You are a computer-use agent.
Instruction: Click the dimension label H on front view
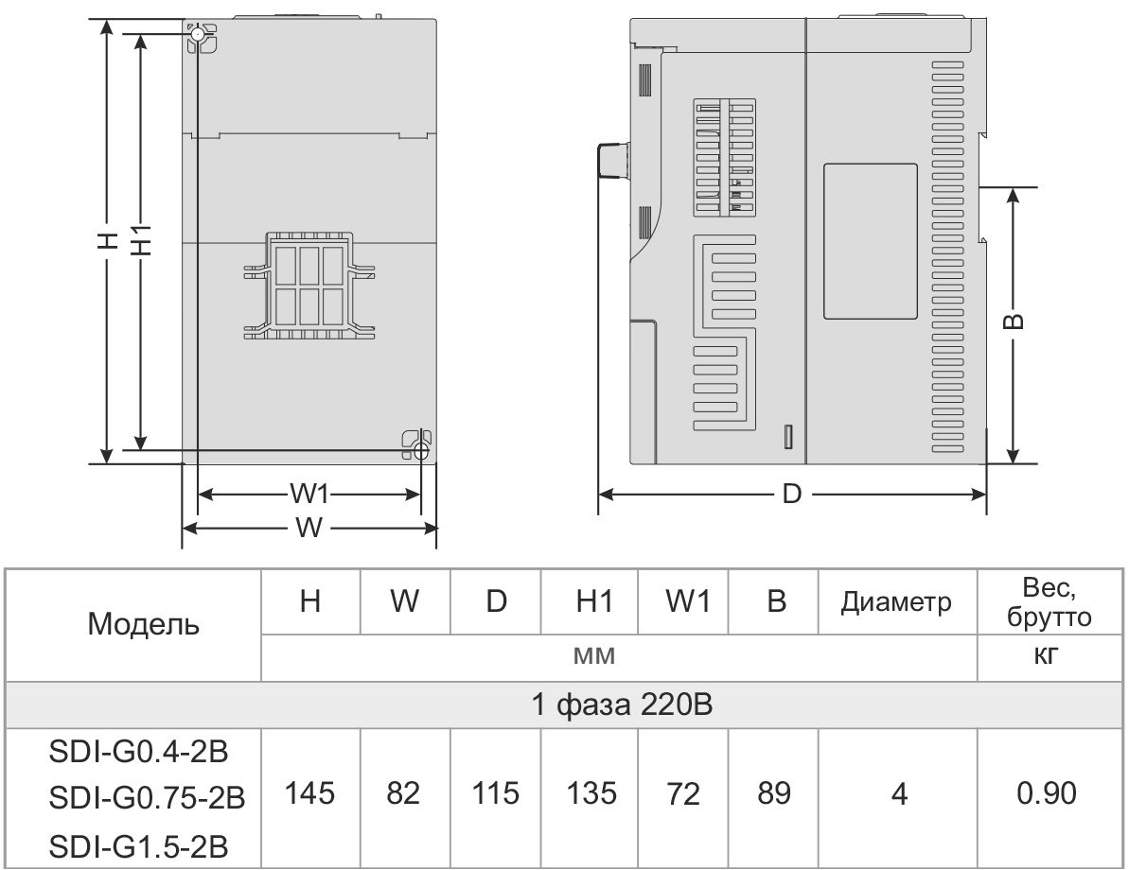[110, 240]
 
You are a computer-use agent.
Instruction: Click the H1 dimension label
[141, 240]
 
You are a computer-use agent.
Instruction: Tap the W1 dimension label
[309, 494]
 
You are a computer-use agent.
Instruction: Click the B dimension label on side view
[1012, 322]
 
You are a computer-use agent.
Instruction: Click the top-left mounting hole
[197, 36]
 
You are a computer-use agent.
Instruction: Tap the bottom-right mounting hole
[420, 452]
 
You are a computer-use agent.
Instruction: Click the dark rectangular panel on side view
[870, 240]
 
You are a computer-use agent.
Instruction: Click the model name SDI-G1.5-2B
[130, 842]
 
